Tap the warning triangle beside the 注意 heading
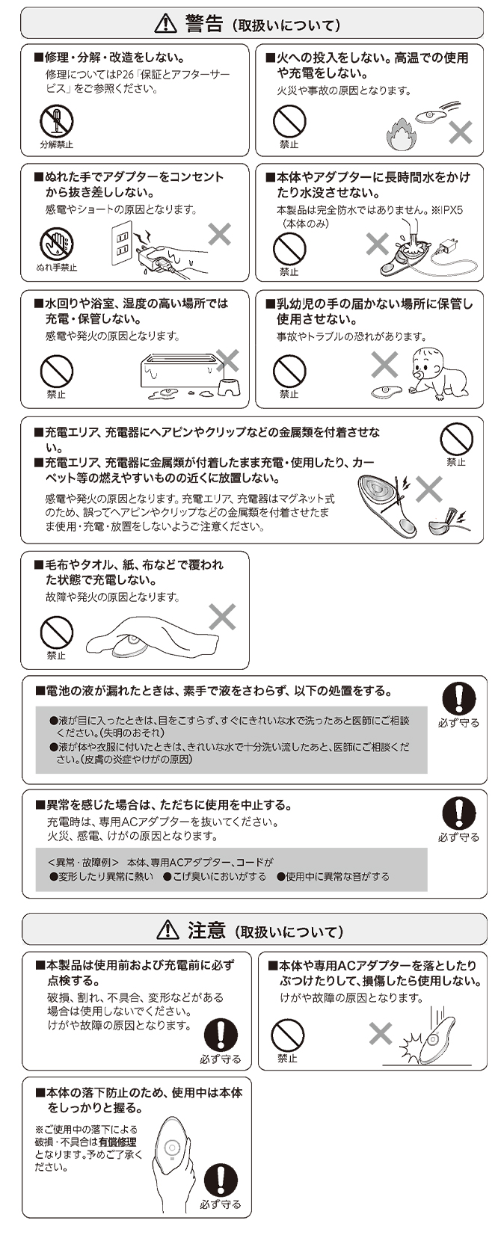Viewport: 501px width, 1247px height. coord(167,930)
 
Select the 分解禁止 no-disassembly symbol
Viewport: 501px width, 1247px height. coord(56,121)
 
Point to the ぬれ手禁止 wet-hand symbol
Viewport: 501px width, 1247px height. coord(56,244)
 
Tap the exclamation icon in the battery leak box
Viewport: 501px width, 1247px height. coord(458,699)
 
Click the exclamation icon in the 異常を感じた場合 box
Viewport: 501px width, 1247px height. coord(458,813)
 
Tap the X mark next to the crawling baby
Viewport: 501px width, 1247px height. coord(384,365)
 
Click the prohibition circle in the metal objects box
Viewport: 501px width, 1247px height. coord(456,440)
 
